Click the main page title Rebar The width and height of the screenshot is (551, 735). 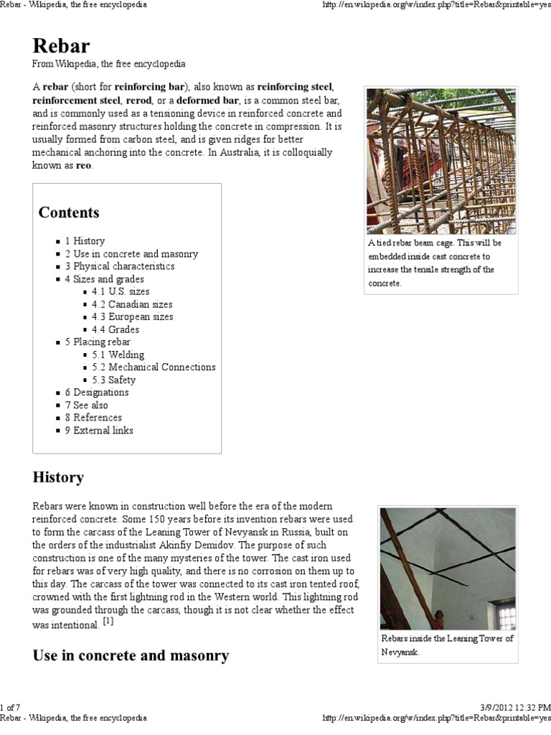61,46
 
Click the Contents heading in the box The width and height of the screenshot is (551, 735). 69,212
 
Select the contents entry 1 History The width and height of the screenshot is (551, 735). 85,241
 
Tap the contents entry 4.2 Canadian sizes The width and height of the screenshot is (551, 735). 132,304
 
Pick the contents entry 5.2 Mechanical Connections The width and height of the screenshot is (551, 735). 154,367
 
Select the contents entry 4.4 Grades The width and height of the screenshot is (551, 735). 116,329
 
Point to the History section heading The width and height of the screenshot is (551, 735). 58,477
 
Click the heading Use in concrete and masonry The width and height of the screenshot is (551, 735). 131,655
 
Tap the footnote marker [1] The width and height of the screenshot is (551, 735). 108,622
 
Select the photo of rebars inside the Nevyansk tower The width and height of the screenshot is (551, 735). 447,568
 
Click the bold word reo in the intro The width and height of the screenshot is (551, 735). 84,166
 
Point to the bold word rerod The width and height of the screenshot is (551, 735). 138,101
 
